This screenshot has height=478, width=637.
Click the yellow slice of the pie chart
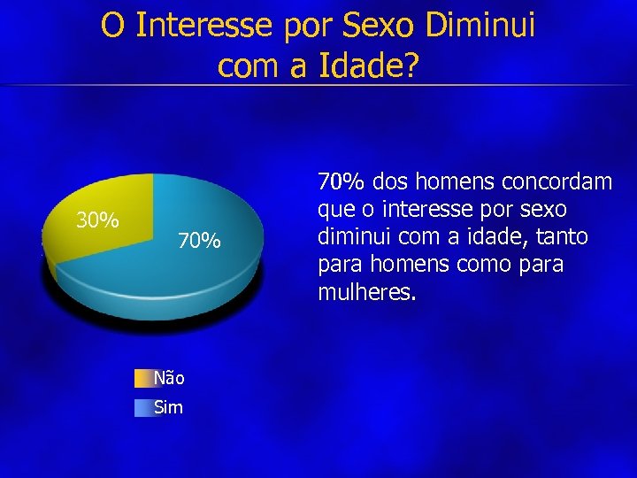[97, 239]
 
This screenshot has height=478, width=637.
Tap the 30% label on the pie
[97, 220]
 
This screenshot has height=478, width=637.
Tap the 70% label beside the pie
[198, 241]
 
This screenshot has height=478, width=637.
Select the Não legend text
[169, 379]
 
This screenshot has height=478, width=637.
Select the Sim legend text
[168, 407]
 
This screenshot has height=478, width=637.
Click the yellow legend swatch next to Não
[143, 379]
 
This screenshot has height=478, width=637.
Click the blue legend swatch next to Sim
[143, 407]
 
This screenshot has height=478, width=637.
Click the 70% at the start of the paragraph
[342, 182]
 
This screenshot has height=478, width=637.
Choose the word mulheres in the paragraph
[364, 292]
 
